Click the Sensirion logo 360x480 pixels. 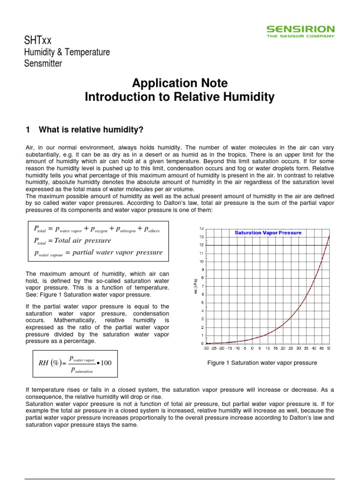300,30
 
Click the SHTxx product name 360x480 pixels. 38,41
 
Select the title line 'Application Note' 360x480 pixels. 180,83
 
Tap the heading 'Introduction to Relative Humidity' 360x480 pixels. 180,97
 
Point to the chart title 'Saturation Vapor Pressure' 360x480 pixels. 268,232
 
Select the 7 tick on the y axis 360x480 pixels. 202,286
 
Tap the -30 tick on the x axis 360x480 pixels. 206,348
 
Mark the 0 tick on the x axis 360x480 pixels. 252,348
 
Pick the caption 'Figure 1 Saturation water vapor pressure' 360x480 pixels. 262,363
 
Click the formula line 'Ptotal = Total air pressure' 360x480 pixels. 73,240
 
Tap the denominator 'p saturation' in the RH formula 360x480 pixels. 82,370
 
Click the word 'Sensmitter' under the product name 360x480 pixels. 43,64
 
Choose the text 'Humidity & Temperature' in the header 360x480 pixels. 67,52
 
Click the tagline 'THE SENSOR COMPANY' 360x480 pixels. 300,36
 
